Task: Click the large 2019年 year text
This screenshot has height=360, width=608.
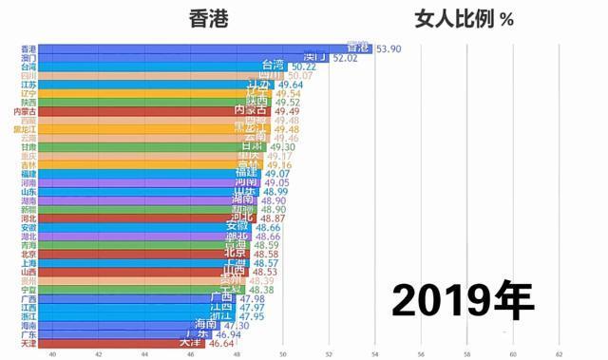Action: (463, 301)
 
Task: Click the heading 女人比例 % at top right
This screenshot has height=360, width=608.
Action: (464, 17)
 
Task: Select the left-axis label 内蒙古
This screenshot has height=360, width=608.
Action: (26, 112)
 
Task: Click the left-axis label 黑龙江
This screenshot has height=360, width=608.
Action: (26, 130)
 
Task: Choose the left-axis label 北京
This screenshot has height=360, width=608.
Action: (28, 254)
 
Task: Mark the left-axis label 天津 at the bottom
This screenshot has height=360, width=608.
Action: (28, 343)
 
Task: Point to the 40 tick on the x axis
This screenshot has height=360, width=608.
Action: (52, 353)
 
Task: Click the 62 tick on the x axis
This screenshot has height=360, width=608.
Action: (559, 353)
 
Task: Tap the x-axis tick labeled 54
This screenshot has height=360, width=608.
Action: (374, 353)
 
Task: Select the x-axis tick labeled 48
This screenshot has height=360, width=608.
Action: (237, 353)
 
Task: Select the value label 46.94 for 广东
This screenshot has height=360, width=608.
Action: (228, 333)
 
